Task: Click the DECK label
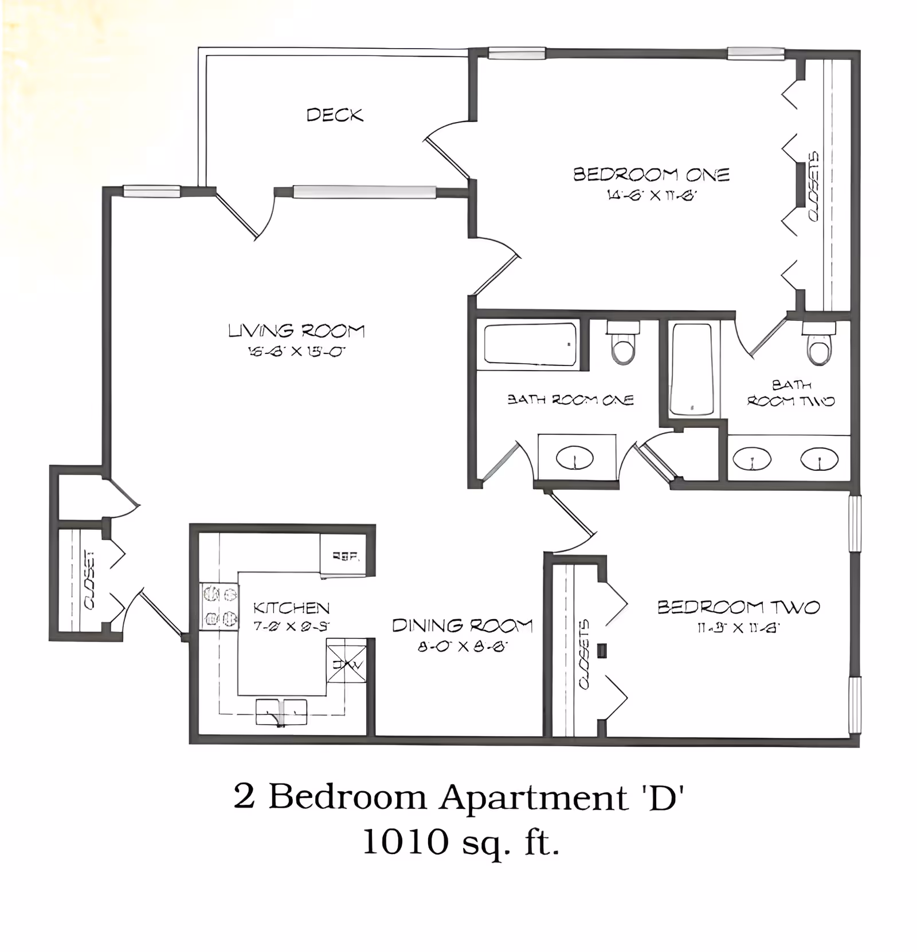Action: [335, 115]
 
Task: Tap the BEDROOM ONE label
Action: [651, 174]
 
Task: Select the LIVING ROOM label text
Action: [296, 331]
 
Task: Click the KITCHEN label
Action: [291, 607]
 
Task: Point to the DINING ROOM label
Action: [462, 625]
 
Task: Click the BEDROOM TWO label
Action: [738, 607]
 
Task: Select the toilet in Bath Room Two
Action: [819, 344]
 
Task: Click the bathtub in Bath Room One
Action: [530, 344]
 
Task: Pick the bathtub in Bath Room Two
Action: [693, 369]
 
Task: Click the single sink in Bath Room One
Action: [575, 458]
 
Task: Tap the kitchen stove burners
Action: [219, 607]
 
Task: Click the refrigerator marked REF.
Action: [346, 554]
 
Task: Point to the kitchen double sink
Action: [281, 711]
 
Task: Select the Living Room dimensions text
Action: [296, 351]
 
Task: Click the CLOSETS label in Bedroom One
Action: [813, 186]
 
